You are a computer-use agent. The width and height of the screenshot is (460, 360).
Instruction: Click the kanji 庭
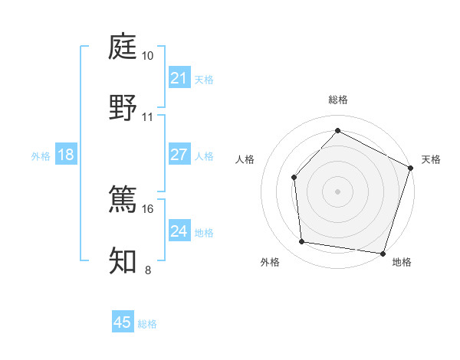(123, 47)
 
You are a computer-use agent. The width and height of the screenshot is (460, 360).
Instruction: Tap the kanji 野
(123, 106)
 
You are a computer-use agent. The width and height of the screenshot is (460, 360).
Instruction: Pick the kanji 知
(123, 260)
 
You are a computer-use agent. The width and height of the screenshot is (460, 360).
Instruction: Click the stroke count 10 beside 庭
(148, 56)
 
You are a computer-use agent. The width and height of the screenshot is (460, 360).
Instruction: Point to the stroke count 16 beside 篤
(148, 208)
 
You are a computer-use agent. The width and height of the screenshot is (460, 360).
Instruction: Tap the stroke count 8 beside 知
(148, 270)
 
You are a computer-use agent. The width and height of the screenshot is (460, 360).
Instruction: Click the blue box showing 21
(179, 78)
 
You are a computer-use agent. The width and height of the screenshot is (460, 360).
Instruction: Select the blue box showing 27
(179, 155)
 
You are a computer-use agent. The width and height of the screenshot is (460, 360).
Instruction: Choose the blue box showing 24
(179, 231)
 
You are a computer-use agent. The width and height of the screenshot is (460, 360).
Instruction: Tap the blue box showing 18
(66, 155)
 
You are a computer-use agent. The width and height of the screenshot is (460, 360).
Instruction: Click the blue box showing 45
(123, 322)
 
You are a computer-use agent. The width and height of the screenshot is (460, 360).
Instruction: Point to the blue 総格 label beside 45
(147, 324)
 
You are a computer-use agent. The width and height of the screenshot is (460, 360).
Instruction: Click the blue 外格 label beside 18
(41, 156)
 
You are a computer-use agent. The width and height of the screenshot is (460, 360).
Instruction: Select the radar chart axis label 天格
(431, 159)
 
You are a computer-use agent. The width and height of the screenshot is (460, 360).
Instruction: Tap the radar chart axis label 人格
(245, 159)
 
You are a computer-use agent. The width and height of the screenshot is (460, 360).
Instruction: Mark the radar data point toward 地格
(382, 253)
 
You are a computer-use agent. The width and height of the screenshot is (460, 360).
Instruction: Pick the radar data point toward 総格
(337, 131)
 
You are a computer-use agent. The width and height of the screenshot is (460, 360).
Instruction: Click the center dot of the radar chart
(337, 191)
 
